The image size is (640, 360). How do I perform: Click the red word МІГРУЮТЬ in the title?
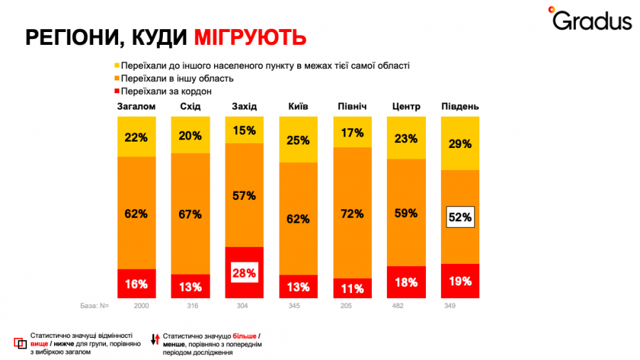239,38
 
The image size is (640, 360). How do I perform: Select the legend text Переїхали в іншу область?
177,78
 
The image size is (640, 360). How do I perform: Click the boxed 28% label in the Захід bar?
244,272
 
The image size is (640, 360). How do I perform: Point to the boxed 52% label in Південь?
459,217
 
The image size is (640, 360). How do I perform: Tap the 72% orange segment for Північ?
352,213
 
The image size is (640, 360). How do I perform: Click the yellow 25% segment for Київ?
298,139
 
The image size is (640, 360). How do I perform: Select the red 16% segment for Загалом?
136,283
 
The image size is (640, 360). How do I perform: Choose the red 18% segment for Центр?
405,282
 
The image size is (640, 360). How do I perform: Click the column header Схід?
190,107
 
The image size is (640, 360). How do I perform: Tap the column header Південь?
459,107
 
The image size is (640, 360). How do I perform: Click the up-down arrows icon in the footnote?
154,339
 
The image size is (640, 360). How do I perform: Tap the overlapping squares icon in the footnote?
20,342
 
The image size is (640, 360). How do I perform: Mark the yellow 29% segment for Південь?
460,144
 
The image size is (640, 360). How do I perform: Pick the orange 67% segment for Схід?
190,214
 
